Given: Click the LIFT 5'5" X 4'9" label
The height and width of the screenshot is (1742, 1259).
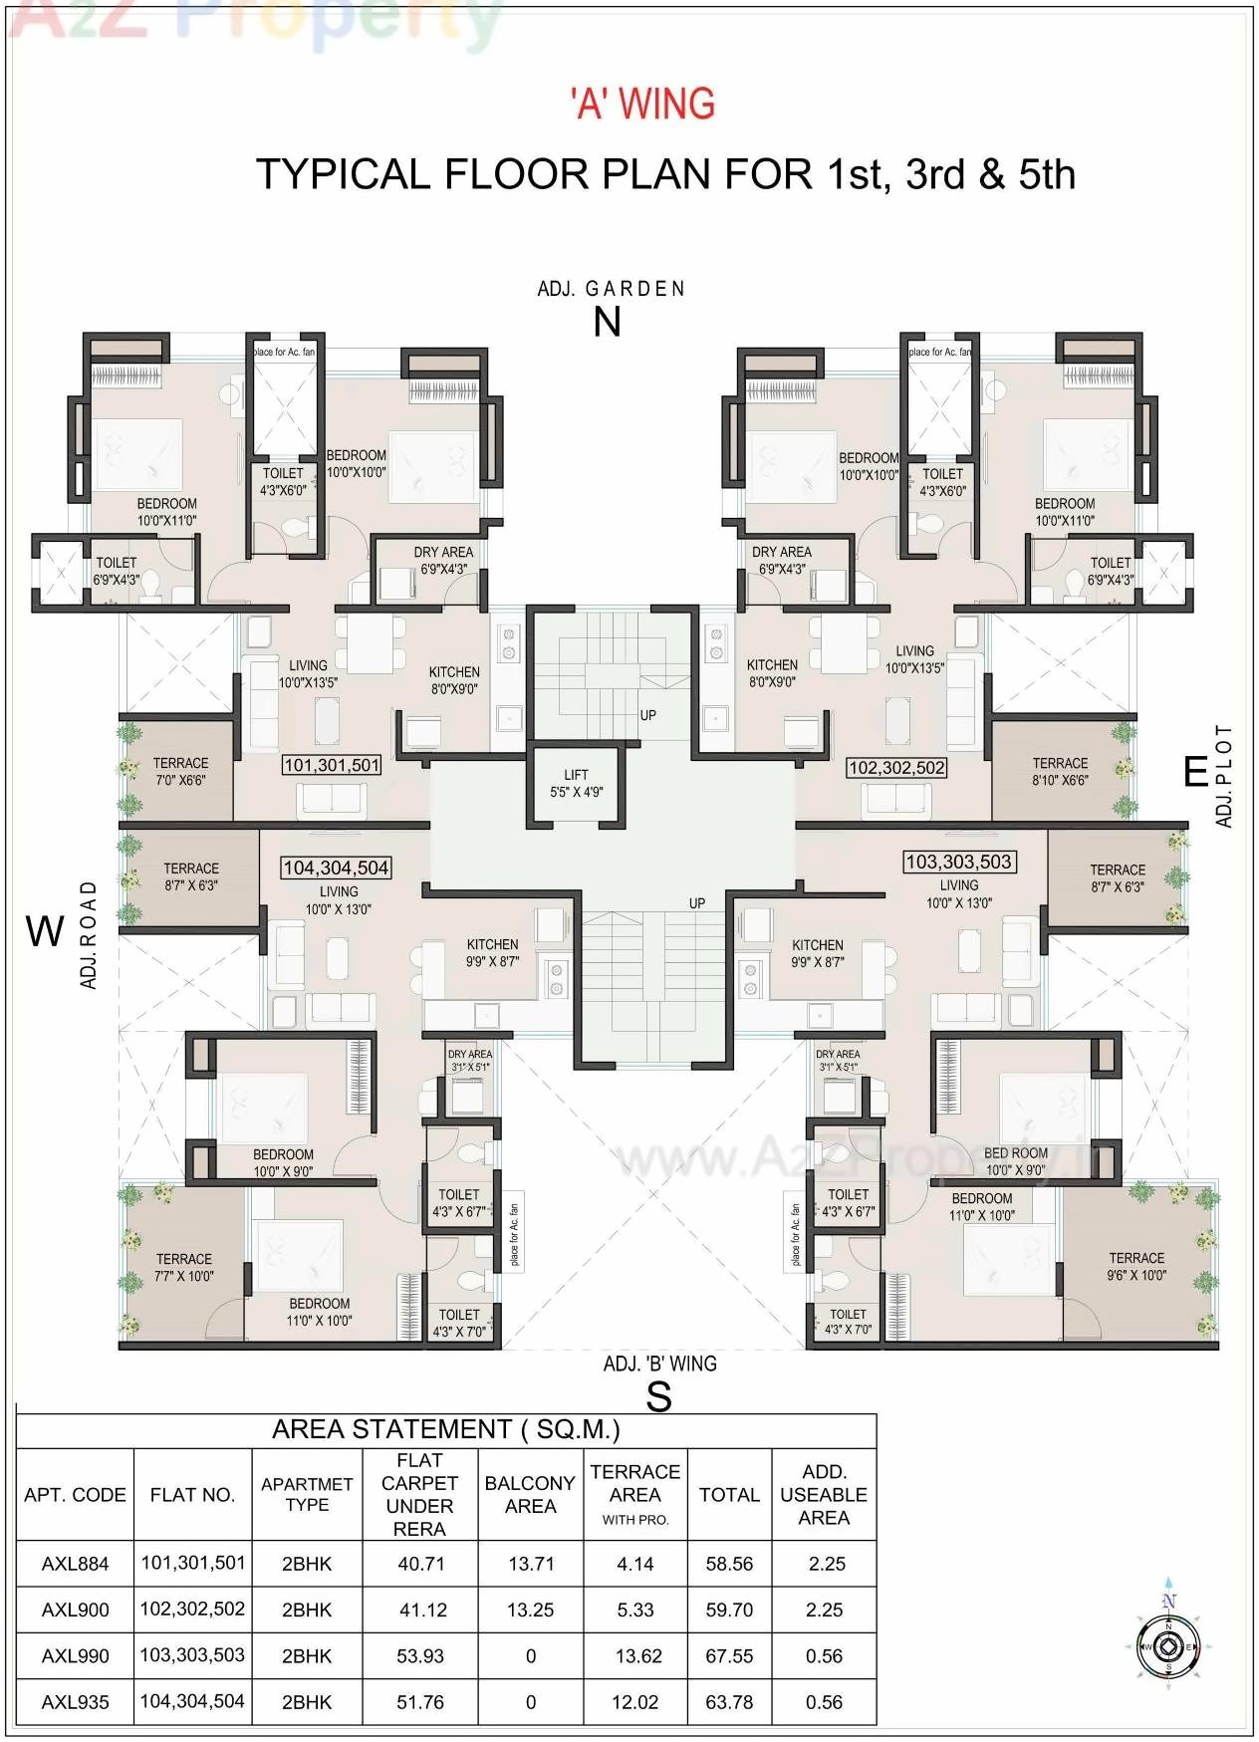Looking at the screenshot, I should click(x=576, y=783).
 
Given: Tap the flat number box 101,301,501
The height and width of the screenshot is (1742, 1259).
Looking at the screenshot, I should click(x=332, y=765).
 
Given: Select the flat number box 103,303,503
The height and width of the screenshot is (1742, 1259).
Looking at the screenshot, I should click(x=958, y=862).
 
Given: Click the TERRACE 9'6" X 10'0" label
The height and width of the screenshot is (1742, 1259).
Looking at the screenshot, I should click(x=1135, y=1266).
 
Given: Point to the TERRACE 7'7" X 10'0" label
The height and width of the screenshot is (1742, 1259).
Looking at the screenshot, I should click(x=184, y=1267).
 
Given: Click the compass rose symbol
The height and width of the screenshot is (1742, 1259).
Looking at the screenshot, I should click(x=1169, y=1647).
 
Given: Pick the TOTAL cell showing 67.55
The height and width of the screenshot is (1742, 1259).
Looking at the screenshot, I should click(x=729, y=1656).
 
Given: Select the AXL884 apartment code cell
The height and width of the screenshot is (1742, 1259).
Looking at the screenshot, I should click(x=75, y=1564).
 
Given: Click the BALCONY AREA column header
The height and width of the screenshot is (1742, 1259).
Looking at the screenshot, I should click(x=530, y=1494).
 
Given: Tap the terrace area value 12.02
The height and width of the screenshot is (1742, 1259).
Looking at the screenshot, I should click(x=634, y=1702).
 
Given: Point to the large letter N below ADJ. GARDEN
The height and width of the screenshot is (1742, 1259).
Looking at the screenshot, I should click(x=607, y=322).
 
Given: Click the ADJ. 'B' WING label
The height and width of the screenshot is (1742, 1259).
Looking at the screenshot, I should click(x=659, y=1364).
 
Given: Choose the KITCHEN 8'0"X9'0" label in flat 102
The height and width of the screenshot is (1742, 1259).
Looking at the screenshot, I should click(x=772, y=673).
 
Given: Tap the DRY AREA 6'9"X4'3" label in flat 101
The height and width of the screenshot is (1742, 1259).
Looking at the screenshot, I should click(x=443, y=561).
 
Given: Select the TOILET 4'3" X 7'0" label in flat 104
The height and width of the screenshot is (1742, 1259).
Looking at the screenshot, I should click(x=458, y=1322).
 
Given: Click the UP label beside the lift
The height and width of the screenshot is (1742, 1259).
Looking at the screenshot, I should click(x=647, y=715).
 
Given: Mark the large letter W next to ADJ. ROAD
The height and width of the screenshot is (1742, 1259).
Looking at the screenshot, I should click(x=45, y=932).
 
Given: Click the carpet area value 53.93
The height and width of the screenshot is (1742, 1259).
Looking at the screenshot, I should click(x=419, y=1656).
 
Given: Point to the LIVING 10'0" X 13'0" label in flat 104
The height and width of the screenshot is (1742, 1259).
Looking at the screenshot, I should click(x=339, y=900).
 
